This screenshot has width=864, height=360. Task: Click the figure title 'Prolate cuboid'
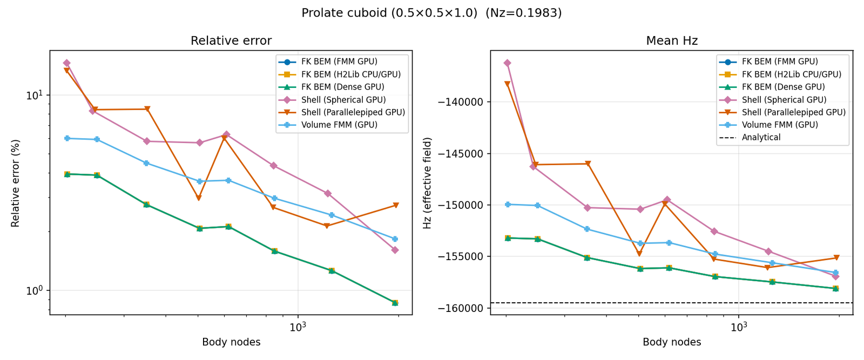pos(431,13)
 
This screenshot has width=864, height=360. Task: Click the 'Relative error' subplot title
pos(231,41)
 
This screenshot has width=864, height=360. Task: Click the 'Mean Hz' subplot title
pos(672,41)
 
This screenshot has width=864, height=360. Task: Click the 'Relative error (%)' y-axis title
pos(15,184)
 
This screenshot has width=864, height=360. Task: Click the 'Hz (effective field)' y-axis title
pos(428,184)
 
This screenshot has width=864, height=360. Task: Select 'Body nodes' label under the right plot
pos(672,342)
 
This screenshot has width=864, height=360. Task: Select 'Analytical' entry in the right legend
pos(761,138)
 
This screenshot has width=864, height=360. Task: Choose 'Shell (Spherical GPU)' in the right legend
pos(784,100)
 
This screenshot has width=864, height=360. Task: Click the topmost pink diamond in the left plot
pos(66,63)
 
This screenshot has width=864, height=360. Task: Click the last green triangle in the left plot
pos(395,303)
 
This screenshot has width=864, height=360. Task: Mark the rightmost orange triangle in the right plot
pos(836,257)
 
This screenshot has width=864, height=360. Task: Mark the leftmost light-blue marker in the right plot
pos(508,205)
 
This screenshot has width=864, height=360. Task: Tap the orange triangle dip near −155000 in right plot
pos(639,254)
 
